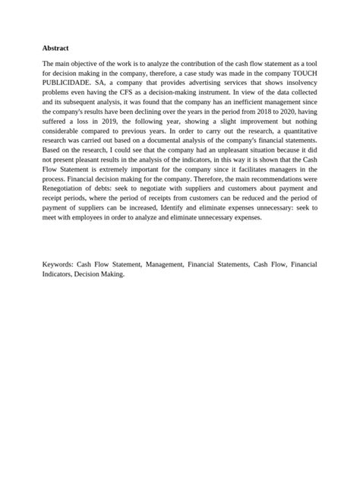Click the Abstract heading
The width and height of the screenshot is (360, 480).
[55, 48]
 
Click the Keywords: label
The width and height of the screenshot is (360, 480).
[62, 264]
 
